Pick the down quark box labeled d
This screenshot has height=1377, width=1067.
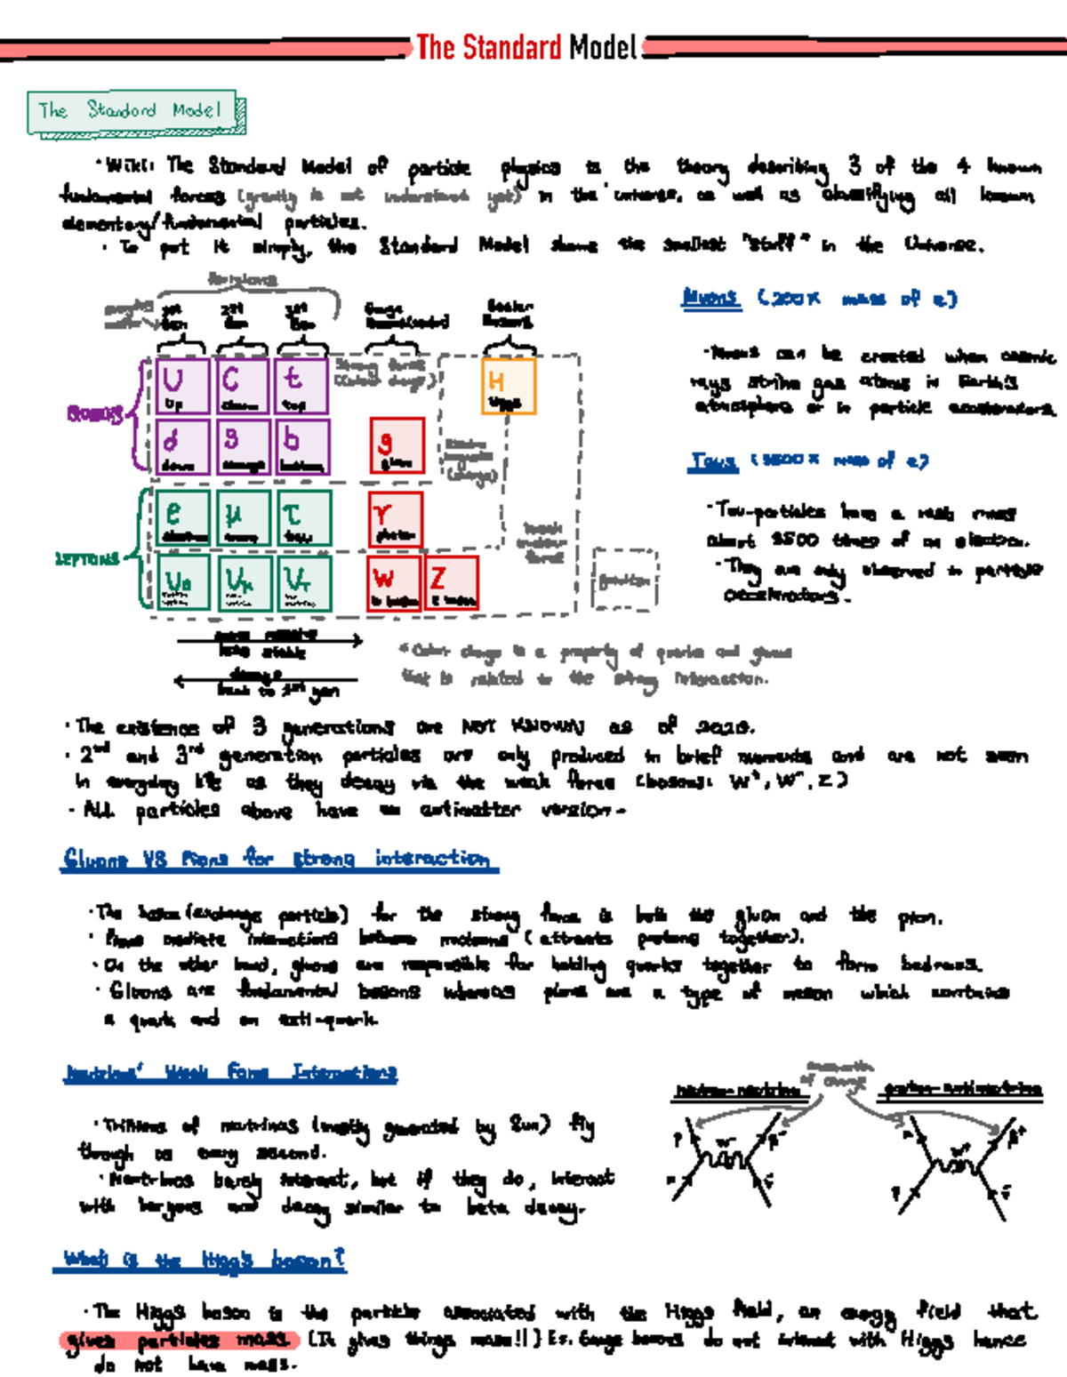click(x=182, y=447)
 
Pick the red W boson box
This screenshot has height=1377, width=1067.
click(x=393, y=583)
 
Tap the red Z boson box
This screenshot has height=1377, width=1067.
click(x=452, y=583)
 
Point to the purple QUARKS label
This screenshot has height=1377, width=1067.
click(x=94, y=414)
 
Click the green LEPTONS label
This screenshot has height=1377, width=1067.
click(x=86, y=559)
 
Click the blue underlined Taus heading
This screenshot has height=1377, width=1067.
click(x=713, y=461)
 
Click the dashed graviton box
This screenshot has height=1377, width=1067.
click(x=624, y=580)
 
